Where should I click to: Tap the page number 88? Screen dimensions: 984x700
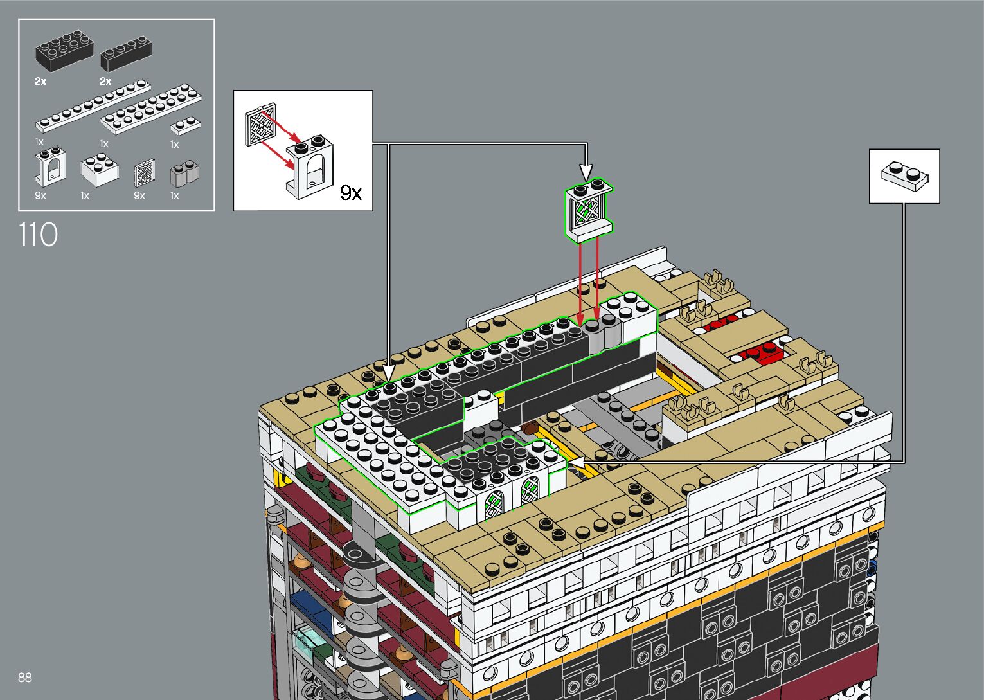click(x=25, y=677)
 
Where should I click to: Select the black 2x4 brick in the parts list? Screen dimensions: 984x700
click(x=64, y=51)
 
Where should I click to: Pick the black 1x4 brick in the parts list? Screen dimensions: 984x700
click(x=126, y=53)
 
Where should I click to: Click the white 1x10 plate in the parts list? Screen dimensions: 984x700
click(x=93, y=105)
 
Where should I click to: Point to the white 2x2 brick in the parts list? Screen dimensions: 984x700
click(x=100, y=169)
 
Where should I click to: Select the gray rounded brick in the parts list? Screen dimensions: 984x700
click(x=184, y=174)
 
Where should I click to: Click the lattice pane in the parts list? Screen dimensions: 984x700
click(x=145, y=174)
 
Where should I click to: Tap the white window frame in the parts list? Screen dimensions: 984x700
click(x=51, y=167)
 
